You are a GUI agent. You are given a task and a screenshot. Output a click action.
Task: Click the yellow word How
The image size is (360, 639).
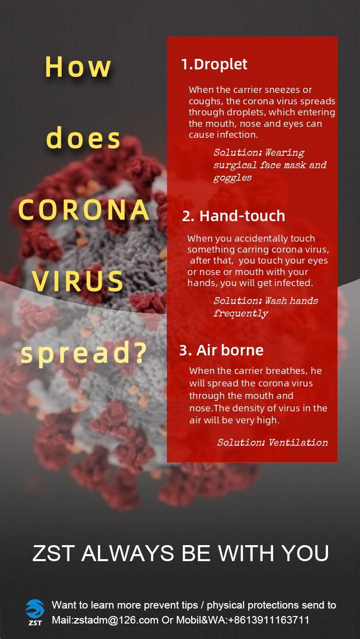78,67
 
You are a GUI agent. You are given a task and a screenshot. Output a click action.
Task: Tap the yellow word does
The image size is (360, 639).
83,138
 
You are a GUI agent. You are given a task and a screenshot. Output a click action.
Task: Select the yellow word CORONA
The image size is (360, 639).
84,210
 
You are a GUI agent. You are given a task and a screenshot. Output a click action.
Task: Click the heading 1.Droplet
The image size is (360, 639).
214,64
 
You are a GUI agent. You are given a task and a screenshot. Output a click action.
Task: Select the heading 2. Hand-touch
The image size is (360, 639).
234,216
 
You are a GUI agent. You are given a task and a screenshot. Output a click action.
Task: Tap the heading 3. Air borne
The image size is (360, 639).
221,350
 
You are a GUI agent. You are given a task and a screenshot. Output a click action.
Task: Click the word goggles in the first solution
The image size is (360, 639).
233,178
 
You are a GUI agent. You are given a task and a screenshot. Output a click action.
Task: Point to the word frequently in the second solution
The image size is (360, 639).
241,313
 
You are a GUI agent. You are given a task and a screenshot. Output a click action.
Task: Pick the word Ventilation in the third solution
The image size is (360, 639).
299,442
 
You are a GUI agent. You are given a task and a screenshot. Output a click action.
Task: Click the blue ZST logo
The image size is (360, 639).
35,612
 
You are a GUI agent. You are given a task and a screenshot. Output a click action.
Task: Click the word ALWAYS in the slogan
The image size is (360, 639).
128,553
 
